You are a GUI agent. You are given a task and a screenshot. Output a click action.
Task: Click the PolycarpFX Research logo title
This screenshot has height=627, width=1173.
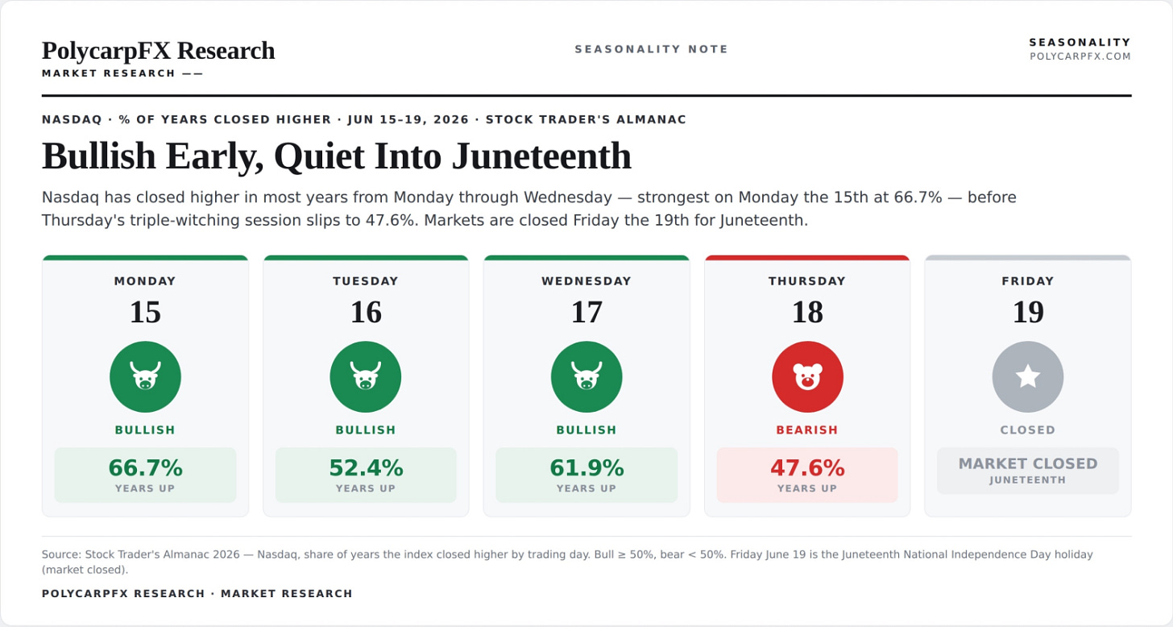tap(158, 51)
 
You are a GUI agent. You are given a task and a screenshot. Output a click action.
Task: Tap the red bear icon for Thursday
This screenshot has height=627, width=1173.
tap(807, 377)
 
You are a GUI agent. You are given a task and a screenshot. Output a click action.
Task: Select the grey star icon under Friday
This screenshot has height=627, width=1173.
tap(1028, 377)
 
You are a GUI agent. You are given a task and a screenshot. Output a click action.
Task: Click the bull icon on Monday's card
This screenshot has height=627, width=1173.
tap(145, 377)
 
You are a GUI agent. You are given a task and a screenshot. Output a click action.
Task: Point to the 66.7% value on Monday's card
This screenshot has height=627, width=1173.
tap(145, 467)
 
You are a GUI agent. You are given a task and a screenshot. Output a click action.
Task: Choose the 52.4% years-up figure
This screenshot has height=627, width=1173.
tap(366, 467)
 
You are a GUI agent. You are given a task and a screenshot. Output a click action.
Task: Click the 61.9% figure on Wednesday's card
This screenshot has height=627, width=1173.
tap(586, 467)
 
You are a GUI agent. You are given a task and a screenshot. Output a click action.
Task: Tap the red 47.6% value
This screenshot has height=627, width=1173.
tap(807, 467)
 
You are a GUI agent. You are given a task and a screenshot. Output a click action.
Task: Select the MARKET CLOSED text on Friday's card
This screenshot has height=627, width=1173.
tap(1028, 463)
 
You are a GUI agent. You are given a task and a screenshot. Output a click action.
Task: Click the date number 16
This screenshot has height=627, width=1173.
tap(366, 312)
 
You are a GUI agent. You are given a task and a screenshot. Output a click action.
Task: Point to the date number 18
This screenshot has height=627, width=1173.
tap(807, 312)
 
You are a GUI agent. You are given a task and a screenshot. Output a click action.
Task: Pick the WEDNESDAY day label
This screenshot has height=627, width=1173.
tap(586, 281)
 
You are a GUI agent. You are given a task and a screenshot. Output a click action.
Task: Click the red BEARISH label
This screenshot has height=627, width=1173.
tap(807, 430)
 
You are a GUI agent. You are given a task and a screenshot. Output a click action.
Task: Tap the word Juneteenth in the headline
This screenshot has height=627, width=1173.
tap(541, 156)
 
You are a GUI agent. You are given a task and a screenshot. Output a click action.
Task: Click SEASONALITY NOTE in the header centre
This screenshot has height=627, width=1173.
tap(652, 49)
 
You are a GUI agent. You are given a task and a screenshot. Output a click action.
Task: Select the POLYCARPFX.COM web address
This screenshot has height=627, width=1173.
tap(1080, 56)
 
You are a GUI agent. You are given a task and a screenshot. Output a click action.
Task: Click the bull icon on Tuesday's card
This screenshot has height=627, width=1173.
tap(366, 377)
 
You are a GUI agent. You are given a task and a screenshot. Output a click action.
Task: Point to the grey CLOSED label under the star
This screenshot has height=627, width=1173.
tap(1028, 430)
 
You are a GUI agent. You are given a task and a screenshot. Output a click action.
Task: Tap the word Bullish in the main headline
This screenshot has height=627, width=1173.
tap(99, 156)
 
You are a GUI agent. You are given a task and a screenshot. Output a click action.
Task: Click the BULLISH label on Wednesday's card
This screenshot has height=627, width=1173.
tap(586, 430)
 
